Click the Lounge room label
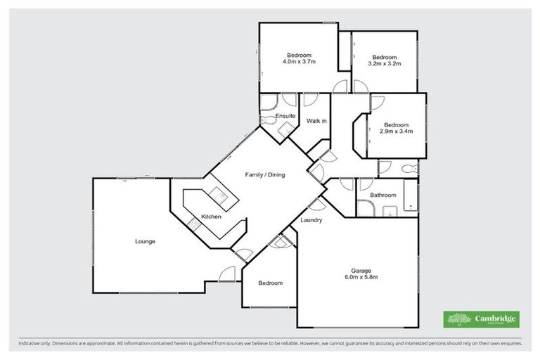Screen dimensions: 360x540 tap(146, 241)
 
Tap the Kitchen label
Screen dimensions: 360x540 tap(211, 217)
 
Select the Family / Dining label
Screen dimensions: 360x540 tap(264, 174)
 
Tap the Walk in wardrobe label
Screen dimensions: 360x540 tap(316, 121)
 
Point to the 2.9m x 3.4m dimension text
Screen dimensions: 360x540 tap(396, 131)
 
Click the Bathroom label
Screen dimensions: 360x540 tap(383, 195)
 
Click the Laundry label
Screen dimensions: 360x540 tap(311, 220)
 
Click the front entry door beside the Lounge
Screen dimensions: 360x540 tap(226, 275)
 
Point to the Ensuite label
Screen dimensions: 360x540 tap(285, 115)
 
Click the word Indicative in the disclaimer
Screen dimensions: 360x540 tap(30, 345)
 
